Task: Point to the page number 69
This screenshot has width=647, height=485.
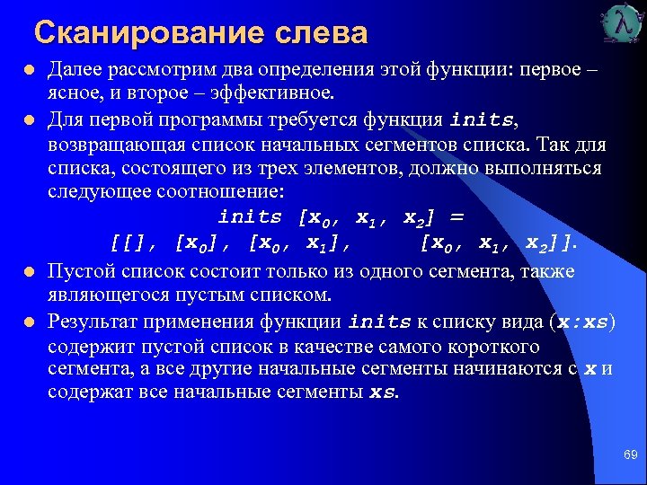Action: tap(630, 456)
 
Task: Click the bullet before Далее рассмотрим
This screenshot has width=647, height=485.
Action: tap(29, 69)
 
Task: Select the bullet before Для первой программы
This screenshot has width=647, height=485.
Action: tap(29, 119)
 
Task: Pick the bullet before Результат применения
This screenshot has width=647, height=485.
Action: tap(29, 322)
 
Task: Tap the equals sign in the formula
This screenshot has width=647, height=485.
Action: tap(456, 217)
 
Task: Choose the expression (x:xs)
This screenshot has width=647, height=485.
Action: tap(582, 322)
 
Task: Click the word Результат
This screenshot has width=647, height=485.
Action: tap(93, 322)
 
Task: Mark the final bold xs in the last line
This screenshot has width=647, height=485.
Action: tap(382, 393)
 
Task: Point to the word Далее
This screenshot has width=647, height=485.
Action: tap(75, 69)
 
